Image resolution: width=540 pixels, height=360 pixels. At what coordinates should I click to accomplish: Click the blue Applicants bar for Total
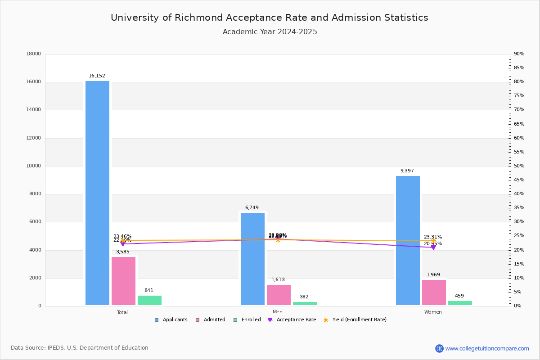[97, 193]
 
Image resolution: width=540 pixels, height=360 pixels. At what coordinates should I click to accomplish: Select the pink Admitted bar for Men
[279, 295]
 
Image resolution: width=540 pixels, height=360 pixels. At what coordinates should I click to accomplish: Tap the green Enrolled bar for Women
[460, 303]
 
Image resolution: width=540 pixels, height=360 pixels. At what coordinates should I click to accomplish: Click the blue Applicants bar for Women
[408, 240]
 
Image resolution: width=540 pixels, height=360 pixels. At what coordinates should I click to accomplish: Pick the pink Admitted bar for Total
[123, 281]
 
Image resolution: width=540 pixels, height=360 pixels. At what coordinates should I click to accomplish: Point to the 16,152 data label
[97, 76]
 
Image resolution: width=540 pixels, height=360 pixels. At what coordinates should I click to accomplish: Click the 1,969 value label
[433, 275]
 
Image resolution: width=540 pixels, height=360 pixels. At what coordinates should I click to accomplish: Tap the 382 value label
[304, 297]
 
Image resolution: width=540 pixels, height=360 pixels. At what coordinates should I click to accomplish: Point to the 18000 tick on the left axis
[34, 54]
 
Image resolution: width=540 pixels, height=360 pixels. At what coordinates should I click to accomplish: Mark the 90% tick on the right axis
[519, 54]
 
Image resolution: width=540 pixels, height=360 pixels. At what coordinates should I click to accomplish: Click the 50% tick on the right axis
[519, 166]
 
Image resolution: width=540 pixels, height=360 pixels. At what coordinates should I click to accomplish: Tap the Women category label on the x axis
[433, 312]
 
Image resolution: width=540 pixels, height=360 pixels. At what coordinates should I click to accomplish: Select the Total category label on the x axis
[122, 312]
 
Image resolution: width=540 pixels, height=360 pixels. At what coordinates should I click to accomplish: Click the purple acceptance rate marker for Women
[433, 247]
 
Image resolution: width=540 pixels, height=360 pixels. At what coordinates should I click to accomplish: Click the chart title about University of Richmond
[270, 18]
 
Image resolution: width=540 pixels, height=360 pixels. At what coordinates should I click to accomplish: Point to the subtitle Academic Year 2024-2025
[270, 32]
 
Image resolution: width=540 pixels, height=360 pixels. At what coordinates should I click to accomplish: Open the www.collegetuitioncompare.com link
[487, 348]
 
